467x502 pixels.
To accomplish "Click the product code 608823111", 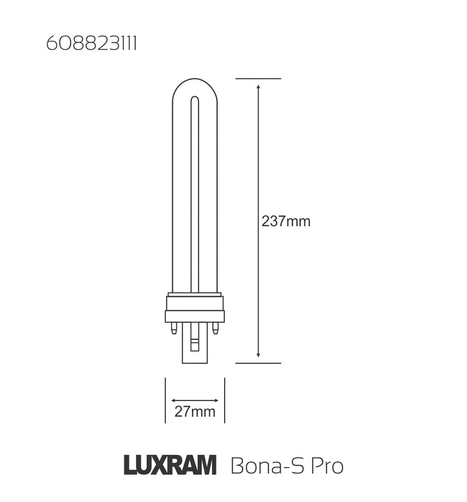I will point(91,45).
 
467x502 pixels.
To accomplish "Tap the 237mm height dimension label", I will point(286,222).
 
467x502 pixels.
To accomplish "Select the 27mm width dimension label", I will point(195,413).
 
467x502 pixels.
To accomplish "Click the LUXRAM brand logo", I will point(170,466).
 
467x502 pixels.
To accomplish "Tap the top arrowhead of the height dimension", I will point(258,86).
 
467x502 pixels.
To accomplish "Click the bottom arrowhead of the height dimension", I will point(258,355).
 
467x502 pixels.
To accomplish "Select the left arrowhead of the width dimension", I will point(173,401).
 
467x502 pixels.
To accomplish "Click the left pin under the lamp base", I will point(173,329).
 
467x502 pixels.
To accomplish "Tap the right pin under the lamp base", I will point(215,329).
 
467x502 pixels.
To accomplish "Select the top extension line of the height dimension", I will point(258,78).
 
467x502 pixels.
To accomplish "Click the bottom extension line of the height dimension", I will point(258,363).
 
